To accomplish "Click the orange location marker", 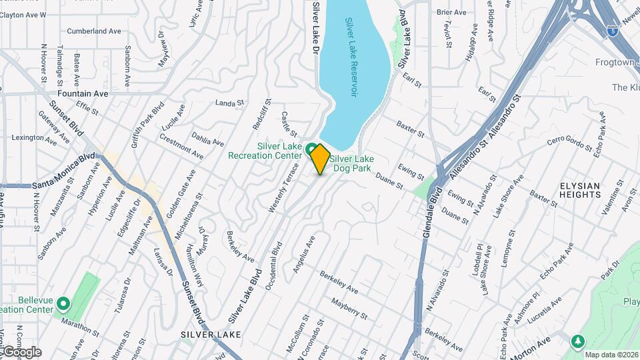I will [x=320, y=159].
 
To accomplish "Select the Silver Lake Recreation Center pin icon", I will [x=311, y=148].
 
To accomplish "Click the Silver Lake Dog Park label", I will [x=352, y=164].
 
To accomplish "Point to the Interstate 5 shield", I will [x=611, y=30].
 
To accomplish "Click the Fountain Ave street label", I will [x=83, y=94].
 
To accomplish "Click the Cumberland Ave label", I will [x=94, y=31].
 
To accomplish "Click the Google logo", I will [x=21, y=351].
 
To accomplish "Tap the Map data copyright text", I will [x=611, y=354].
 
